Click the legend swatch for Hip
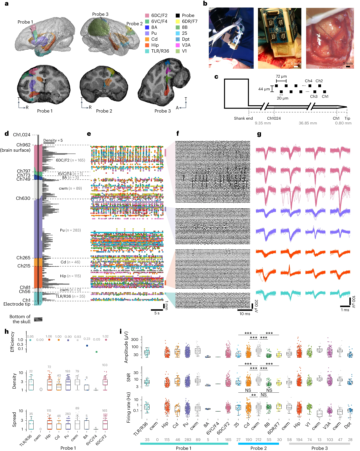[x=147, y=45]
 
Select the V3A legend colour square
[x=178, y=45]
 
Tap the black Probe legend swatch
[x=178, y=16]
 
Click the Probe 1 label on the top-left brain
[x=25, y=22]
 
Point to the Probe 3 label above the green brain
[x=100, y=14]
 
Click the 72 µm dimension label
[x=281, y=76]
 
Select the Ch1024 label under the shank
[x=274, y=118]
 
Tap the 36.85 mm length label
[x=308, y=123]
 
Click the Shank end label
[x=243, y=118]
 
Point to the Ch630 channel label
[x=23, y=198]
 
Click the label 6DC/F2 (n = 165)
[x=70, y=160]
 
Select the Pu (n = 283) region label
[x=70, y=230]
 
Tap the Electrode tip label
[x=17, y=304]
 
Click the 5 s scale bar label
[x=157, y=313]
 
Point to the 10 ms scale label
[x=245, y=314]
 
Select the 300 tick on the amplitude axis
[x=135, y=340]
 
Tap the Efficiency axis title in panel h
[x=13, y=341]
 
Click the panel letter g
[x=259, y=134]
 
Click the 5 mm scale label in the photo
[x=295, y=64]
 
